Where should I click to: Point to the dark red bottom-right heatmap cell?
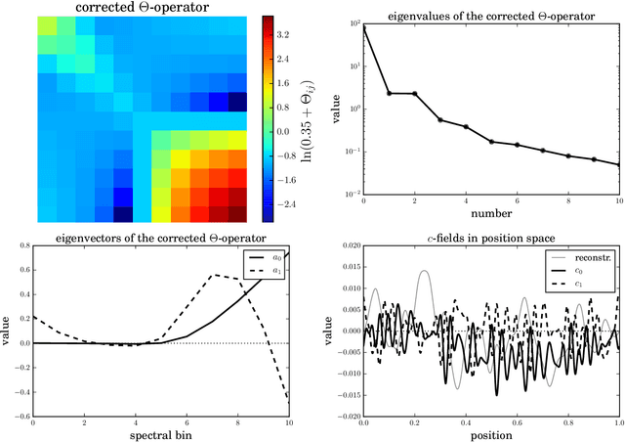[x=237, y=215]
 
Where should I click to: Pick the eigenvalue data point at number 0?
[x=364, y=27]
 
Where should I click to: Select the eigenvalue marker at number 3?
[x=440, y=120]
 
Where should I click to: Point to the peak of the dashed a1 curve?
[x=215, y=275]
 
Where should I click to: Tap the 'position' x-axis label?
[x=491, y=432]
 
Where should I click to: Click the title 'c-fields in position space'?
[x=491, y=238]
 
